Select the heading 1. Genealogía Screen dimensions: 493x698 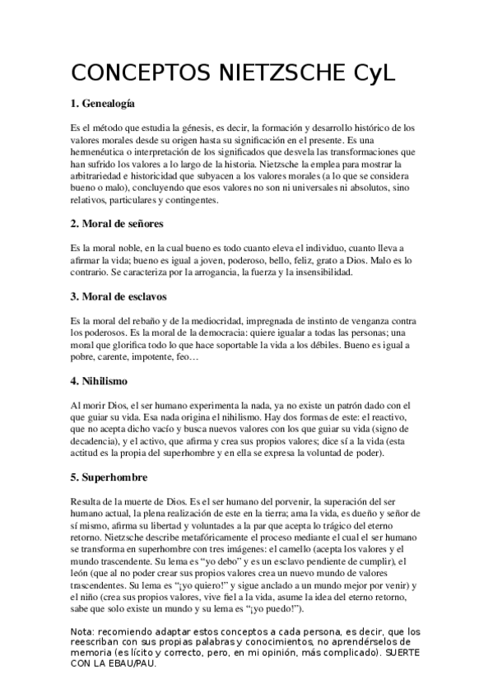coord(103,105)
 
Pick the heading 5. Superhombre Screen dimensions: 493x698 coord(109,477)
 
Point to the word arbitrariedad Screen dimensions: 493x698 coord(101,176)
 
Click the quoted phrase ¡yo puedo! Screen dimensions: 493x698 coord(274,608)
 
